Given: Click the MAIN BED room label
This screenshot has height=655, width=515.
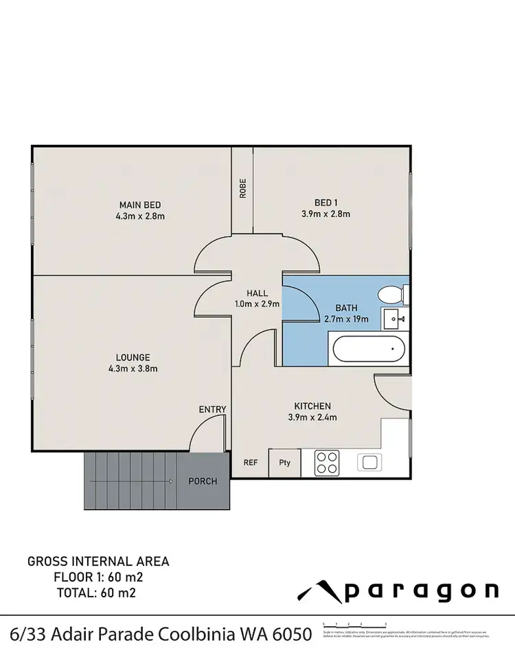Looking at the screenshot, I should [140, 205].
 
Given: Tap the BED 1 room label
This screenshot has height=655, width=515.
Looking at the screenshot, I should [326, 202].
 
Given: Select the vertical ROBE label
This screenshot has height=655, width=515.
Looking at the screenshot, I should [242, 189].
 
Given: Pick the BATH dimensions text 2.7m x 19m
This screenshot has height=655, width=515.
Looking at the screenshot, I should [346, 319].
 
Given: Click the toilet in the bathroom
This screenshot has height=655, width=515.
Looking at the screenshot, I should [391, 295].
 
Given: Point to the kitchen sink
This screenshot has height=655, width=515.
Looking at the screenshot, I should [370, 462].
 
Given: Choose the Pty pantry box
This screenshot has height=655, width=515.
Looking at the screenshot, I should [285, 462].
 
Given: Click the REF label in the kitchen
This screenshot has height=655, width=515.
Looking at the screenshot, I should [251, 463].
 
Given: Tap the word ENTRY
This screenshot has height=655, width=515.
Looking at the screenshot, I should [212, 410].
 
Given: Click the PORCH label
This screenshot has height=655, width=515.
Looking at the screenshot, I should [203, 481].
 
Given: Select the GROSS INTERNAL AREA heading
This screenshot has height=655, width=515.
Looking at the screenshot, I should [98, 562].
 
